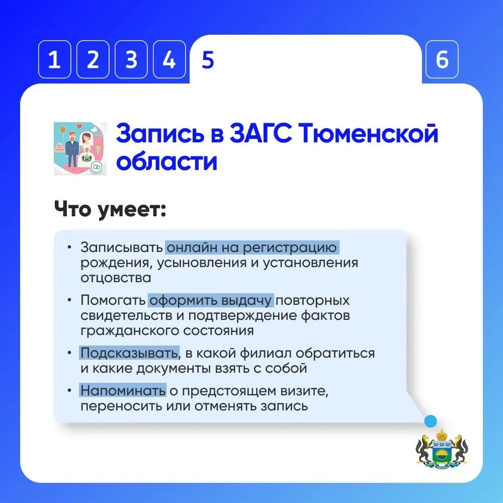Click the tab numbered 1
tap(54, 59)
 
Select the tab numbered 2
tap(93, 59)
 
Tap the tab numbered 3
tap(131, 59)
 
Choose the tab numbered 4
tap(169, 59)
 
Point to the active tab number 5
tap(208, 60)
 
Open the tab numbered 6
tap(442, 59)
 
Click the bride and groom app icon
tap(80, 148)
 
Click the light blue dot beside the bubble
tap(431, 421)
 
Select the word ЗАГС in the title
tap(261, 134)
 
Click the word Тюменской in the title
tap(369, 134)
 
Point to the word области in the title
tap(167, 161)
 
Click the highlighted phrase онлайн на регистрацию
tap(252, 247)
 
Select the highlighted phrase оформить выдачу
tap(211, 301)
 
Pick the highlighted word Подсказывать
tap(129, 353)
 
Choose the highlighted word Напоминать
tap(123, 391)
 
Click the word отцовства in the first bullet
tap(116, 278)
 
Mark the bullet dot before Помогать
tap(69, 300)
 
